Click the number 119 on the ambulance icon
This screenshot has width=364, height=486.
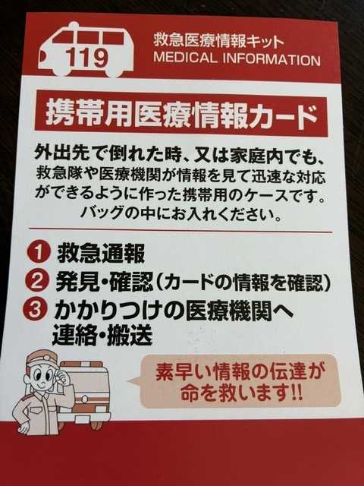click(x=87, y=58)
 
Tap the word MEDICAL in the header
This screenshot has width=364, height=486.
click(x=185, y=58)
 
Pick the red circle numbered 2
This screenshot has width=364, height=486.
click(x=37, y=280)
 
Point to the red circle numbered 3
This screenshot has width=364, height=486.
click(x=36, y=309)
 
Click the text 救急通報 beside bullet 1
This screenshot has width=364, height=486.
click(x=101, y=253)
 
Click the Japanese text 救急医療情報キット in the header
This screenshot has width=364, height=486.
click(x=218, y=41)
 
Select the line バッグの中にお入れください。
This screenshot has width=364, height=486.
click(x=181, y=214)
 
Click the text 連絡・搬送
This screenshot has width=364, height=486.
click(x=102, y=335)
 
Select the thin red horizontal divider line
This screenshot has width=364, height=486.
click(x=180, y=230)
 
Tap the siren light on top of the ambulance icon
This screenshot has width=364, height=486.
click(x=74, y=25)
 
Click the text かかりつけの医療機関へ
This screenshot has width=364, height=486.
click(x=174, y=311)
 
